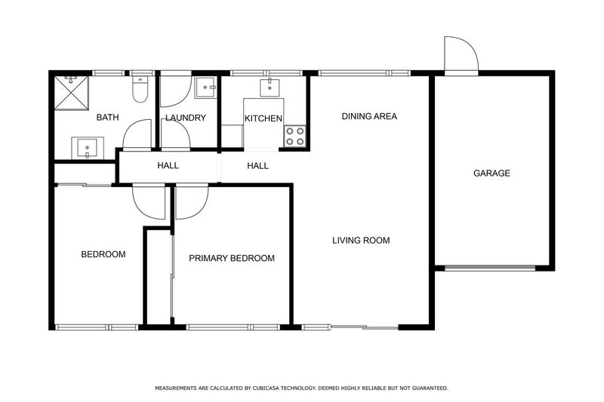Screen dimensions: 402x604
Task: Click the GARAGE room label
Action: coord(492,173)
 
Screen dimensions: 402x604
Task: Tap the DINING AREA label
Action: coord(369,116)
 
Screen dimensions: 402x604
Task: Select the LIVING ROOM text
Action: coord(361,241)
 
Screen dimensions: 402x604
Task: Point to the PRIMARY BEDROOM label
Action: coord(232,258)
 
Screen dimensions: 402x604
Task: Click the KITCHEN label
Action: coord(263,118)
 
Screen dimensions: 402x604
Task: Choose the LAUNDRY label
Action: coord(186,118)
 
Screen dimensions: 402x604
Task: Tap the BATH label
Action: coord(108,118)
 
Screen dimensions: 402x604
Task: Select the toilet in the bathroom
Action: coord(140,91)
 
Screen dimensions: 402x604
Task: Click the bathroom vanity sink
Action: coord(87,147)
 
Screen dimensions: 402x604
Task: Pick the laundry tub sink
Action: coord(205,89)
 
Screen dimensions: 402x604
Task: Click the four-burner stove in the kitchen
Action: coord(294,135)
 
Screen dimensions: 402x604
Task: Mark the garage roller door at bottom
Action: coord(492,267)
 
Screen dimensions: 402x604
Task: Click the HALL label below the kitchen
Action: coord(257,166)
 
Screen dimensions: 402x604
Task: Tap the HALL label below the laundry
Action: coord(168,166)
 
